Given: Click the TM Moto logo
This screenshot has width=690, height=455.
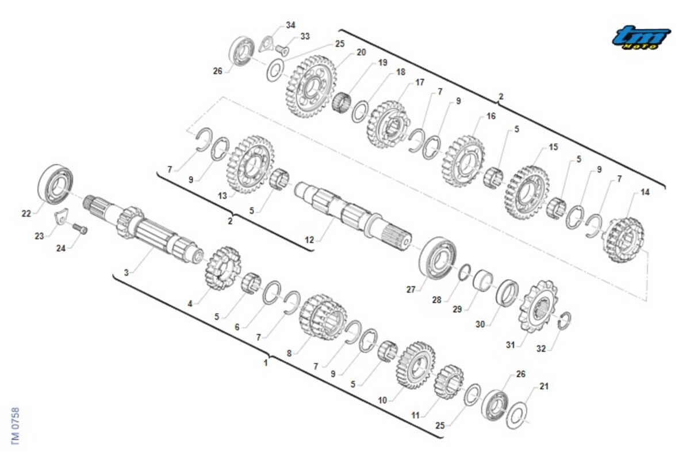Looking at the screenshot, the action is tap(641, 37).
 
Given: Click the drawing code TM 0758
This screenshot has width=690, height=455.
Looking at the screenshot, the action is tap(16, 426).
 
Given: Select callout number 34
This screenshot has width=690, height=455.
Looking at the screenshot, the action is tap(290, 25).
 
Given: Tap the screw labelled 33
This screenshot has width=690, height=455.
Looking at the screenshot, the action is tap(282, 51).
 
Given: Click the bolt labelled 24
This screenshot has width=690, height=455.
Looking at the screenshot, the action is tap(80, 229).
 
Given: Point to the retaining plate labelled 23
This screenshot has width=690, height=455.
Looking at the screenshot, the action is tap(62, 216).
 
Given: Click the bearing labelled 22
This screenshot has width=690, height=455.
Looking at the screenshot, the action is tap(56, 184).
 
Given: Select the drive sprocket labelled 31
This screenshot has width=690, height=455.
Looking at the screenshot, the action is tap(538, 306).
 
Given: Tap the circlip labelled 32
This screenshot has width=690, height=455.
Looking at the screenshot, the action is tap(565, 321).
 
